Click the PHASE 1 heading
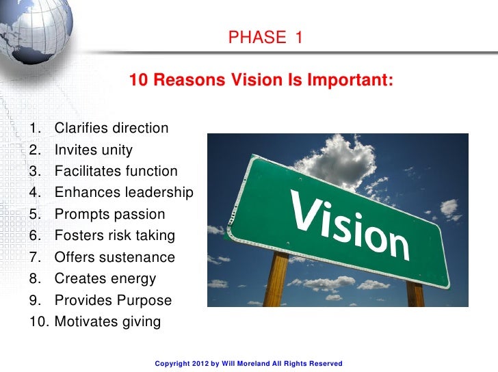pyautogui.click(x=265, y=38)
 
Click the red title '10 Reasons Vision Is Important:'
pyautogui.click(x=261, y=80)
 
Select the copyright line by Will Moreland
pyautogui.click(x=248, y=364)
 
